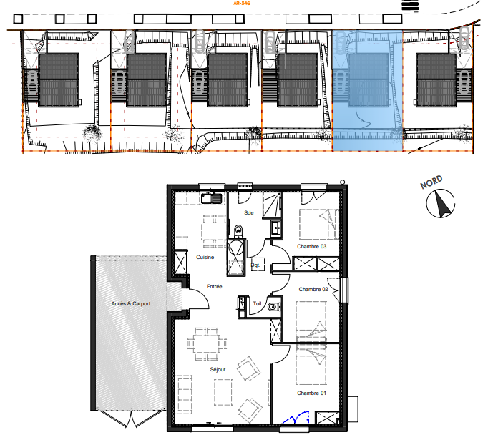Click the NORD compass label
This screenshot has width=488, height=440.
pyautogui.click(x=431, y=182)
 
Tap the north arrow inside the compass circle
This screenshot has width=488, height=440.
pyautogui.click(x=442, y=204)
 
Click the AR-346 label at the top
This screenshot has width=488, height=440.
pyautogui.click(x=242, y=4)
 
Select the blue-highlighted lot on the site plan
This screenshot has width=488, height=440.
pyautogui.click(x=367, y=91)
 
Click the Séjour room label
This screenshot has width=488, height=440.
pyautogui.click(x=218, y=369)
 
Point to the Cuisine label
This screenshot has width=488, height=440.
pyautogui.click(x=205, y=257)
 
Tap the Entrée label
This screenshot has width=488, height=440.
pyautogui.click(x=215, y=286)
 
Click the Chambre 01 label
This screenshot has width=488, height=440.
pyautogui.click(x=311, y=393)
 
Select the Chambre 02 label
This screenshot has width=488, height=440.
pyautogui.click(x=313, y=289)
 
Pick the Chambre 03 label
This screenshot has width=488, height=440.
pyautogui.click(x=312, y=246)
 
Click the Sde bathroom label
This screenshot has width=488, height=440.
pyautogui.click(x=249, y=212)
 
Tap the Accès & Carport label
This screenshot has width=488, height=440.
pyautogui.click(x=131, y=303)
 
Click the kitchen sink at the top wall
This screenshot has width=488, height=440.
pyautogui.click(x=211, y=198)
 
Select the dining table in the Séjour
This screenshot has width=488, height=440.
pyautogui.click(x=206, y=343)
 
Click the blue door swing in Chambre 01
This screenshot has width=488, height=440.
pyautogui.click(x=296, y=418)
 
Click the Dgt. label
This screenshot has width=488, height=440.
pyautogui.click(x=255, y=265)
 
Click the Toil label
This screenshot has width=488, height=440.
pyautogui.click(x=257, y=303)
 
